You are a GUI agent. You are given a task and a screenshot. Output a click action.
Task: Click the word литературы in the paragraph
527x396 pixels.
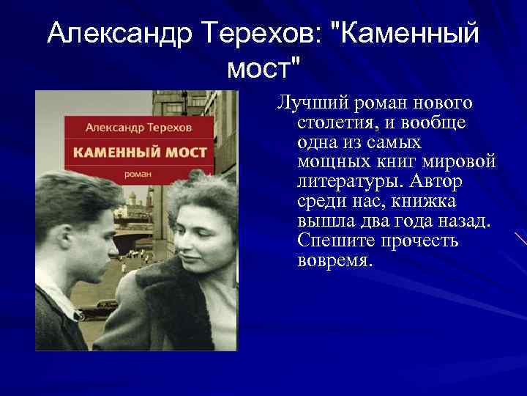343,180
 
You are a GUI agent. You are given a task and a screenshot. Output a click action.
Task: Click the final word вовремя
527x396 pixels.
335,260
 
